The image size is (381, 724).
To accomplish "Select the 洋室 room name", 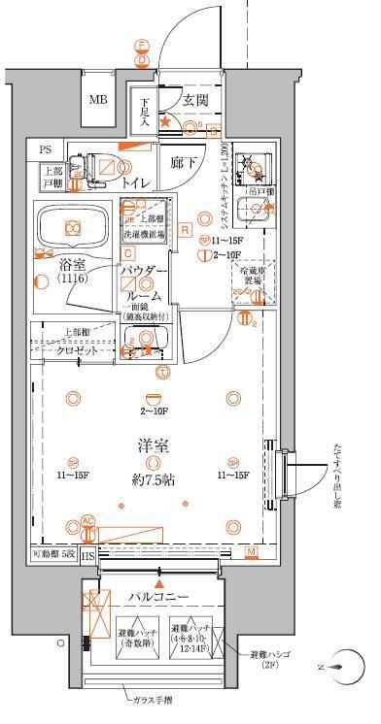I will point(153,447).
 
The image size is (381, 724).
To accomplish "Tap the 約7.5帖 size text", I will point(153,478).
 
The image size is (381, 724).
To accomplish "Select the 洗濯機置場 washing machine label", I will point(143,234).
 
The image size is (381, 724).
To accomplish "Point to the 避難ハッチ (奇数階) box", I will point(138,633).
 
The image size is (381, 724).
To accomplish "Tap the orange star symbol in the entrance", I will point(165,122).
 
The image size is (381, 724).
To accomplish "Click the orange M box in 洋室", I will point(251,552).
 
